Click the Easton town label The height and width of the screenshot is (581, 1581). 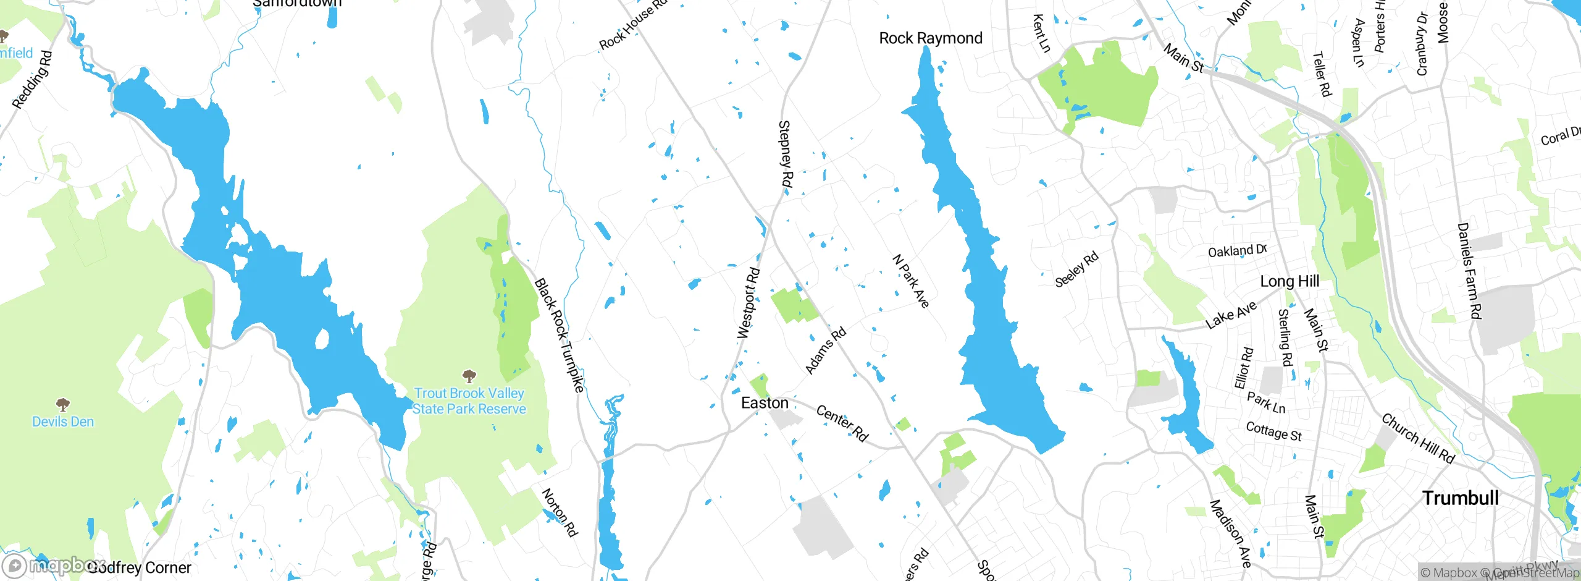pyautogui.click(x=765, y=403)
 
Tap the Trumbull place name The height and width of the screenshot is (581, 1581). pyautogui.click(x=1460, y=498)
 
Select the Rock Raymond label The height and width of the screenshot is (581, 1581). pyautogui.click(x=930, y=38)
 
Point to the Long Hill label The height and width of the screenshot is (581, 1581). pyautogui.click(x=1290, y=281)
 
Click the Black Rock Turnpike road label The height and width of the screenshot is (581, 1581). pyautogui.click(x=559, y=335)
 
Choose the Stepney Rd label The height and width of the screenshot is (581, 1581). pyautogui.click(x=785, y=154)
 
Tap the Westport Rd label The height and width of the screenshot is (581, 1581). pyautogui.click(x=749, y=303)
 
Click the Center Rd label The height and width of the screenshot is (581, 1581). pyautogui.click(x=842, y=423)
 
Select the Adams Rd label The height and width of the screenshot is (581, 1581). pyautogui.click(x=826, y=350)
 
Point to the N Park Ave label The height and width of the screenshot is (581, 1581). pyautogui.click(x=911, y=281)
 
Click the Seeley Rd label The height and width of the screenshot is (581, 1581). pyautogui.click(x=1076, y=269)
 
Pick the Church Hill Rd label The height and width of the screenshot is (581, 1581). pyautogui.click(x=1418, y=438)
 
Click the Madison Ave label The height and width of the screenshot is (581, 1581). pyautogui.click(x=1230, y=533)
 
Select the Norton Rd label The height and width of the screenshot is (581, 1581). pyautogui.click(x=560, y=512)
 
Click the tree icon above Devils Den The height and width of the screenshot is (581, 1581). pyautogui.click(x=62, y=405)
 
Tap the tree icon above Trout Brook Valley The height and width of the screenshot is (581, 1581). pyautogui.click(x=469, y=376)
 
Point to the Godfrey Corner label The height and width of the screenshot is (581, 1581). pyautogui.click(x=140, y=567)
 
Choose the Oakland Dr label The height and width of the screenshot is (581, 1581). pyautogui.click(x=1237, y=250)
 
